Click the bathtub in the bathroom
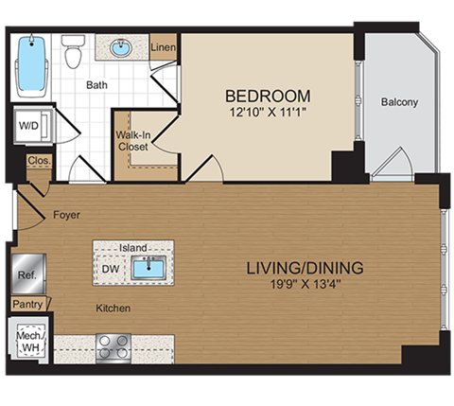(34, 67)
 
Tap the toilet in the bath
(74, 55)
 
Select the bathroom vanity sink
(120, 46)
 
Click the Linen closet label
(163, 47)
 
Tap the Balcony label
(399, 102)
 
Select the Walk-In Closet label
(134, 141)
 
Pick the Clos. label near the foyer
(39, 162)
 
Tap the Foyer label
(66, 215)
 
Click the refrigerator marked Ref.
(26, 274)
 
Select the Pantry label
(26, 304)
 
